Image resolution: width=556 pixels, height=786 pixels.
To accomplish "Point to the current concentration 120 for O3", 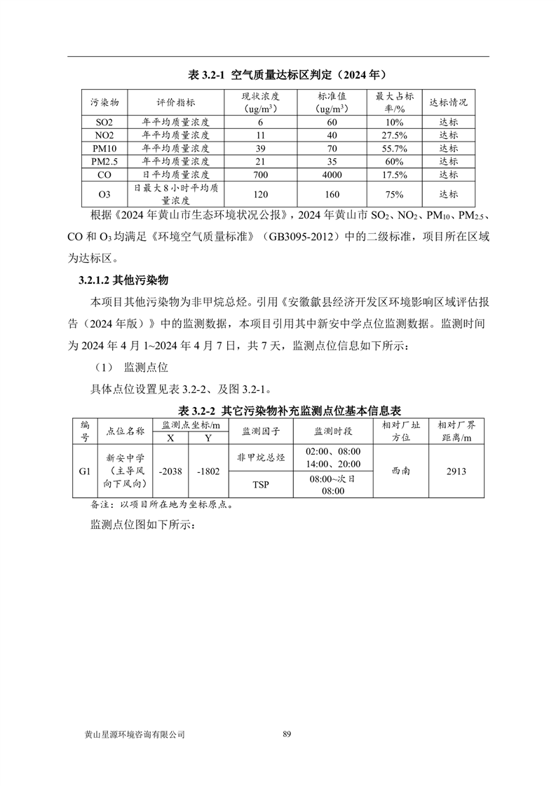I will tap(259, 194).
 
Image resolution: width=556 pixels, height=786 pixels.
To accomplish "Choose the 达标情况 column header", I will tap(448, 102).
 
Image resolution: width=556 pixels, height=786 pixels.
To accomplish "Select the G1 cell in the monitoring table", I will tap(85, 471).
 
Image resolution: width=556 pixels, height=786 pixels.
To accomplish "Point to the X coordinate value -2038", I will tap(170, 471).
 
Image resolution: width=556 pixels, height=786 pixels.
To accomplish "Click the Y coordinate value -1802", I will tap(208, 471).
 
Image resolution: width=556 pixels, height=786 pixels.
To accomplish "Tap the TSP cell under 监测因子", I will tap(262, 484).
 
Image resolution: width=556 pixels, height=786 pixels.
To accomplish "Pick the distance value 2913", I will tap(455, 471).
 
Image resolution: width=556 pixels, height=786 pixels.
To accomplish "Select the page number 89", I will tap(287, 734).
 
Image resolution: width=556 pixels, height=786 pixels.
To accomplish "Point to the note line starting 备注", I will tap(161, 504).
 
